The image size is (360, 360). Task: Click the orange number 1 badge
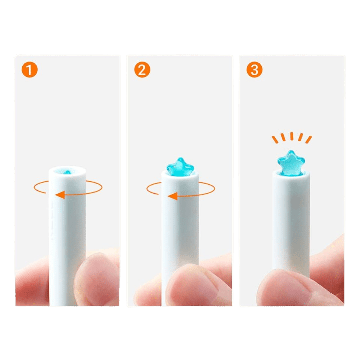30,70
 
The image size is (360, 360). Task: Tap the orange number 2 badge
142,70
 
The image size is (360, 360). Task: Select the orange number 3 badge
254,70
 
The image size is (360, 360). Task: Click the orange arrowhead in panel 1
60,195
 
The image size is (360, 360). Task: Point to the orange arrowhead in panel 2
173,196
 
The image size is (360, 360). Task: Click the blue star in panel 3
291,162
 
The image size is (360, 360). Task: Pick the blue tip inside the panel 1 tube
67,172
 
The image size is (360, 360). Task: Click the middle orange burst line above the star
292,136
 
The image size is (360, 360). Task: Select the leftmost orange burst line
275,140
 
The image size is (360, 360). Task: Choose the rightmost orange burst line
309,140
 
